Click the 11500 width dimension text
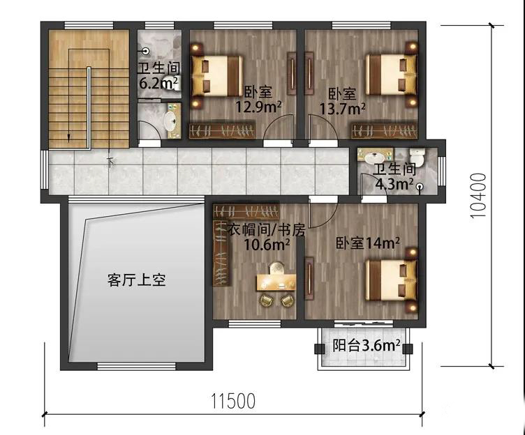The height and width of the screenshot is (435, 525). pyautogui.click(x=232, y=401)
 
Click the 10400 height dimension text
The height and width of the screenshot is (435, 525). pyautogui.click(x=478, y=196)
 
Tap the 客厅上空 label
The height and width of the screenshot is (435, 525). pyautogui.click(x=137, y=280)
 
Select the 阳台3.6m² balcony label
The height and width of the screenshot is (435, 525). pyautogui.click(x=367, y=345)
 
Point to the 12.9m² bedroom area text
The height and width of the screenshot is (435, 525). pyautogui.click(x=258, y=107)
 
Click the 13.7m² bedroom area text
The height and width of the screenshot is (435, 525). pyautogui.click(x=343, y=109)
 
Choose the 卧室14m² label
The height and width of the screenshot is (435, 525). pyautogui.click(x=368, y=243)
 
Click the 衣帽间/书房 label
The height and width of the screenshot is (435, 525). pyautogui.click(x=267, y=230)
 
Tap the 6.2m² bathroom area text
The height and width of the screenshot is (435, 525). pyautogui.click(x=158, y=82)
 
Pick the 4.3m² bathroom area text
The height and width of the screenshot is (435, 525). pyautogui.click(x=394, y=183)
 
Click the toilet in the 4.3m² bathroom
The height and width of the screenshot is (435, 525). pyautogui.click(x=417, y=156)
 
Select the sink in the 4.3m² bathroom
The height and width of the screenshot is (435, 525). pyautogui.click(x=375, y=156)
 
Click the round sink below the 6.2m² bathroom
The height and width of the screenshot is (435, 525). pyautogui.click(x=170, y=121)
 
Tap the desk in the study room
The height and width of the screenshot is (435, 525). pyautogui.click(x=276, y=282)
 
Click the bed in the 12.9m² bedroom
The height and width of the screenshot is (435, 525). pyautogui.click(x=216, y=76)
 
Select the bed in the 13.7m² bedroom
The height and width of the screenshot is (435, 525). pyautogui.click(x=392, y=75)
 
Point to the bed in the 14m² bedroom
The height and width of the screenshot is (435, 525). pyautogui.click(x=392, y=280)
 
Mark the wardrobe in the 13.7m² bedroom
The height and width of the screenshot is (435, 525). pyautogui.click(x=385, y=130)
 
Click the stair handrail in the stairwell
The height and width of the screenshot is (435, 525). pyautogui.click(x=89, y=107)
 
